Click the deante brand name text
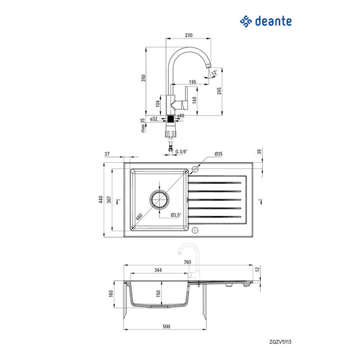[x=274, y=21]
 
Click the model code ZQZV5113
[x=280, y=342]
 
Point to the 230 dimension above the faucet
[x=188, y=35]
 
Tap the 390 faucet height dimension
[x=143, y=78]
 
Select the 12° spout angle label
[x=213, y=72]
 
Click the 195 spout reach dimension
[x=192, y=82]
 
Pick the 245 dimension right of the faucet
[x=219, y=91]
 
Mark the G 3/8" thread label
[x=182, y=152]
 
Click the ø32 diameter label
[x=153, y=119]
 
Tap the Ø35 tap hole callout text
[x=218, y=154]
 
